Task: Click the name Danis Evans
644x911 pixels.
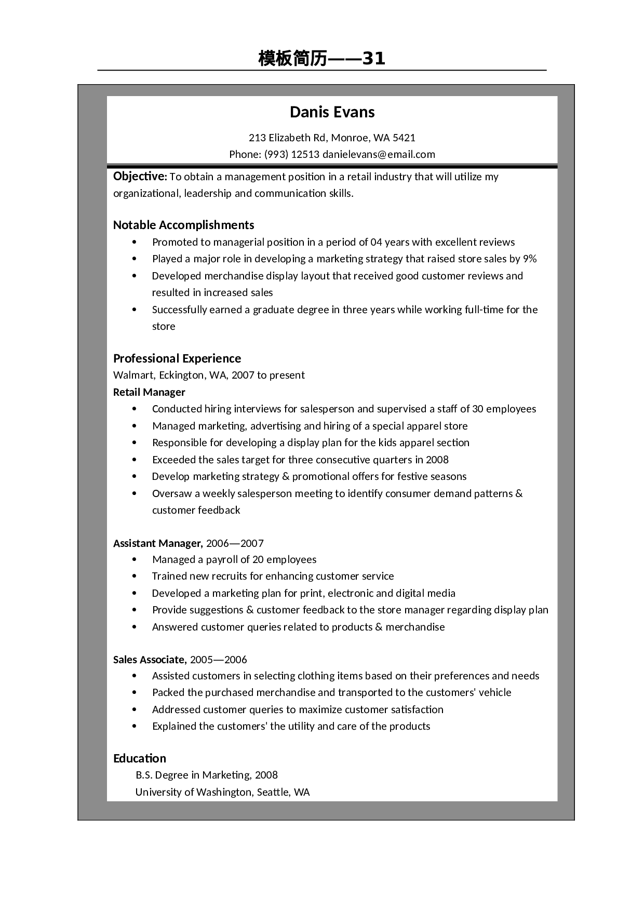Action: tap(332, 112)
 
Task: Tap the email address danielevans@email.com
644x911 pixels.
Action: tap(379, 154)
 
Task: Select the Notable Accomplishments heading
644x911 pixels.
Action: tap(183, 225)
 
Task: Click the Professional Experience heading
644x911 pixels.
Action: tap(177, 358)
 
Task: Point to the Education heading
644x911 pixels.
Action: tap(139, 758)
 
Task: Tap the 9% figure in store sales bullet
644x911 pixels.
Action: tap(530, 259)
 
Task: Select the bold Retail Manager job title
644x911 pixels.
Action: tap(149, 392)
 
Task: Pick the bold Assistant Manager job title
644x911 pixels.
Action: tap(157, 543)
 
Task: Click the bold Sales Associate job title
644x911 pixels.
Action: tap(150, 660)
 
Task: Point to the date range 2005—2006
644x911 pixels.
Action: tap(218, 660)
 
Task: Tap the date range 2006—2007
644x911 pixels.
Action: tap(235, 543)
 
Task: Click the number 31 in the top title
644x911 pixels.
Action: tap(373, 59)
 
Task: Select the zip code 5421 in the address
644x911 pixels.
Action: tap(404, 138)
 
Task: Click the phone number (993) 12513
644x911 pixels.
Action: tap(292, 154)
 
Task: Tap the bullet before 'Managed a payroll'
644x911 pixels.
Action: tap(135, 560)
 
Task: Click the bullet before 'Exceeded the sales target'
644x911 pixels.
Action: tap(135, 460)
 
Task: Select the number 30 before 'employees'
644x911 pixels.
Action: tap(478, 409)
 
